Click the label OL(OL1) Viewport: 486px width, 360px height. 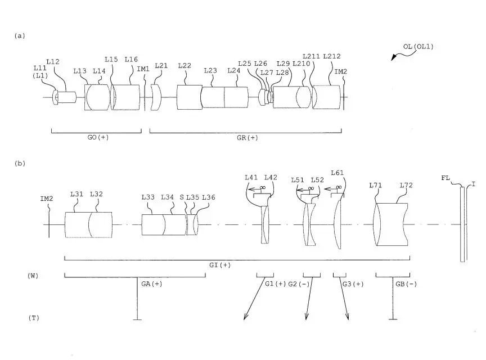[418, 47]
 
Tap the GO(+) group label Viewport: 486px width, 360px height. [98, 137]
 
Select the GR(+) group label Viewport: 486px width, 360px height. [247, 138]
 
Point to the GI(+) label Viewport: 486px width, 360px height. [220, 265]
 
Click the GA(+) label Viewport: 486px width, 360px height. [152, 283]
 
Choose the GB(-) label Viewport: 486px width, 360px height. [406, 283]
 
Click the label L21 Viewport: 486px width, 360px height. [161, 65]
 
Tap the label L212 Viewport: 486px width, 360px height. [332, 56]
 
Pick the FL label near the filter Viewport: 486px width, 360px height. [445, 178]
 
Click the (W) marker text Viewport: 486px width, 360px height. [33, 276]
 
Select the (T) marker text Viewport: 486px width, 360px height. [34, 318]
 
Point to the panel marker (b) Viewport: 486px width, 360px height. [20, 164]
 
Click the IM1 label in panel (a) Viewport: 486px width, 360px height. [143, 69]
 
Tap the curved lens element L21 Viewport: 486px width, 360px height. [156, 97]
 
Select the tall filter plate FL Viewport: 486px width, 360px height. [462, 224]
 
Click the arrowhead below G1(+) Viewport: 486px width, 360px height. [245, 316]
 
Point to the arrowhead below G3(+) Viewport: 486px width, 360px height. [347, 316]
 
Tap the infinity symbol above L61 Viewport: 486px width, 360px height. [339, 187]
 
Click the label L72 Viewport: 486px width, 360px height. [406, 185]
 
